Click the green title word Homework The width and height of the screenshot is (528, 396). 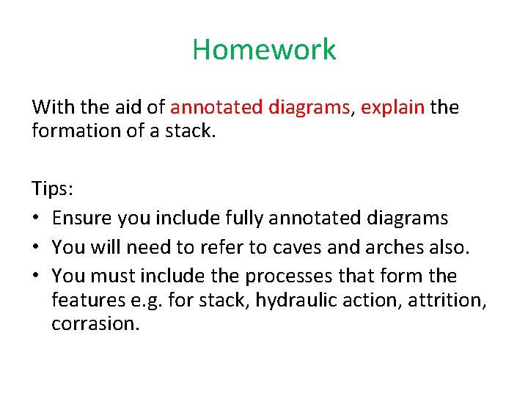click(264, 50)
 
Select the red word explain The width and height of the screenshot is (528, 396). click(392, 108)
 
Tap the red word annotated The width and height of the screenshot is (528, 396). click(218, 108)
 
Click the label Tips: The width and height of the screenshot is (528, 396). click(52, 189)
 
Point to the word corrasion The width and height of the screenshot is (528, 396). click(95, 324)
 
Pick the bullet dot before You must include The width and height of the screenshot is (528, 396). click(37, 277)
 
